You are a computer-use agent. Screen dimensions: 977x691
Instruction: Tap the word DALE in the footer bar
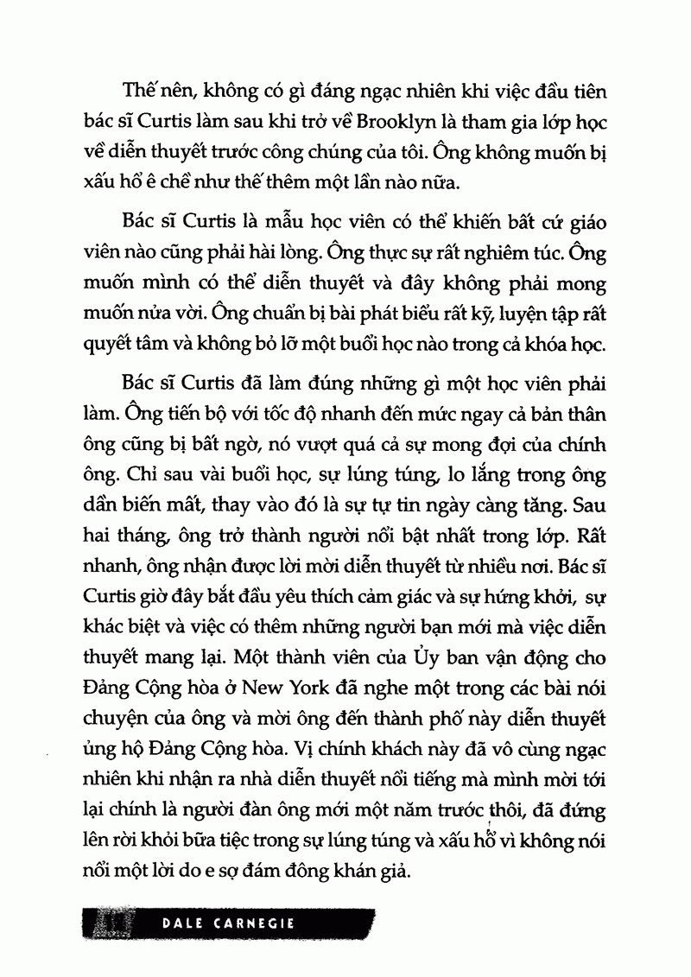[186, 923]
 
